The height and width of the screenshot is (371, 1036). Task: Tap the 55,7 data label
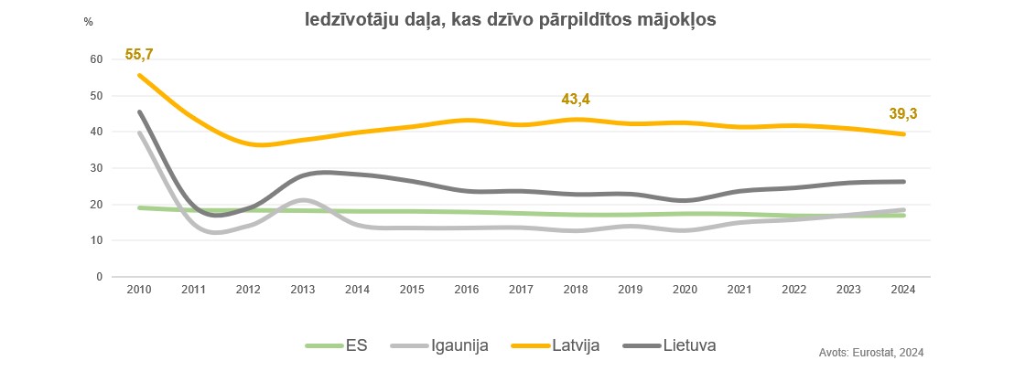coord(138,55)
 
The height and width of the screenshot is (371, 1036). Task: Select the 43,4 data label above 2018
coord(577,99)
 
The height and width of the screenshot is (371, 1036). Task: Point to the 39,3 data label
coord(903,113)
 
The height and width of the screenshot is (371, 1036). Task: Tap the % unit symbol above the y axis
coord(89,22)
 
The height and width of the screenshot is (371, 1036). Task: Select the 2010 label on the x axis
coord(138,290)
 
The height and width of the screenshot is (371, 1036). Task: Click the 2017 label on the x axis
coord(522,290)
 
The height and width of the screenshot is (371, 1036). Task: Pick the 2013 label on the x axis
coord(303,290)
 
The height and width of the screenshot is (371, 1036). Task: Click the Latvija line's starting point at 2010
coord(139,76)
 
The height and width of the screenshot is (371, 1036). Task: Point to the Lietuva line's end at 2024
coord(904,181)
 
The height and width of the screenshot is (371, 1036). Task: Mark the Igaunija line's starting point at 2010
coord(139,133)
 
